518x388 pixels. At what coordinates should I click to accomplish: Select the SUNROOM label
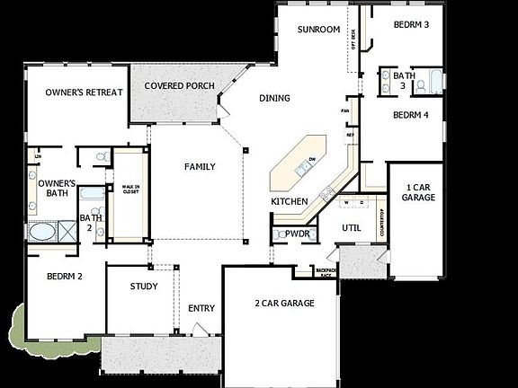(319, 30)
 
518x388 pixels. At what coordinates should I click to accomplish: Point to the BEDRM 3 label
(411, 24)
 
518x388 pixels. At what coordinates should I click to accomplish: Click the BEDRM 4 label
(410, 115)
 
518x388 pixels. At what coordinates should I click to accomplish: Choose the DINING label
(276, 99)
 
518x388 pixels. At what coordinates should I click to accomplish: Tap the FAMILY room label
(200, 167)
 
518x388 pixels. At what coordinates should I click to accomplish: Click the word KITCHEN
(290, 201)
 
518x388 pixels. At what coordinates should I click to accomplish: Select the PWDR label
(297, 234)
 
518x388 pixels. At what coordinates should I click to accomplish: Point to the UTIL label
(351, 228)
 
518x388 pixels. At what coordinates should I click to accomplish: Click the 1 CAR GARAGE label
(418, 190)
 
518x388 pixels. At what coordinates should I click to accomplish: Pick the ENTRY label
(201, 309)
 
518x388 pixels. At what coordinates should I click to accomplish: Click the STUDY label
(144, 287)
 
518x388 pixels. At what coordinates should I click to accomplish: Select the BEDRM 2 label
(65, 277)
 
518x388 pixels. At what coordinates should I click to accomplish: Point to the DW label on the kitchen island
(310, 159)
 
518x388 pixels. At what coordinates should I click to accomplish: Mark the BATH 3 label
(404, 81)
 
